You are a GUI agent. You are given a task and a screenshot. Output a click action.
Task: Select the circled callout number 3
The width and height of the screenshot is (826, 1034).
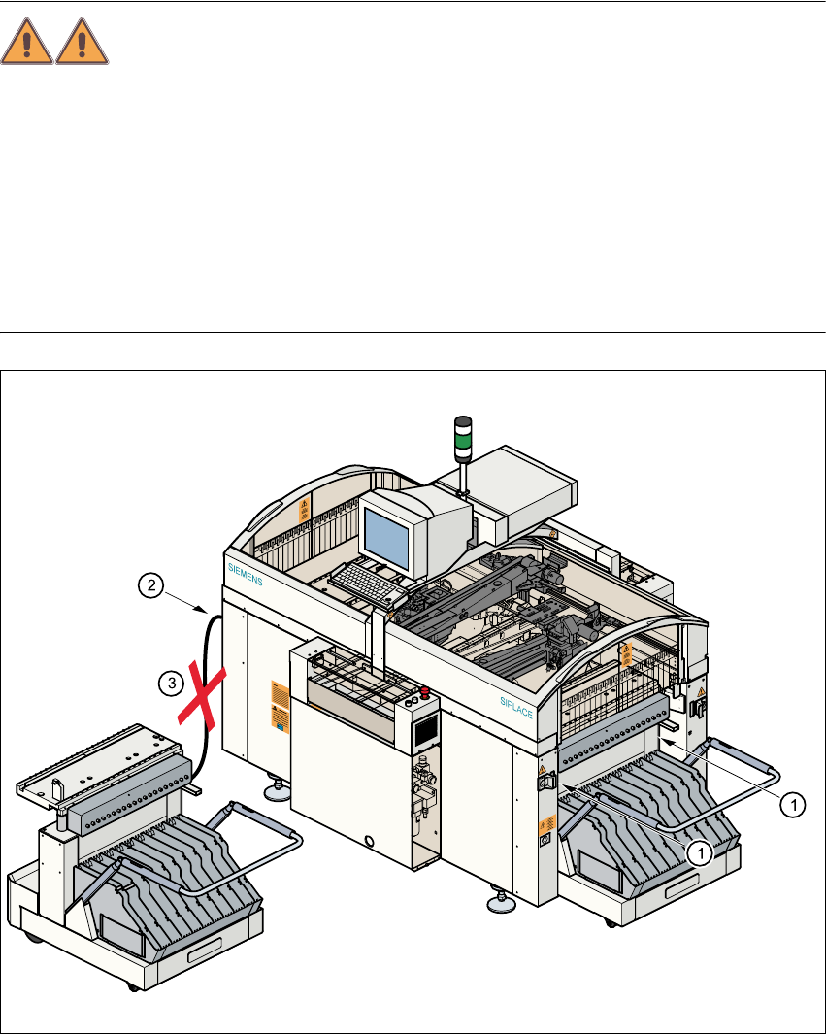169,684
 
